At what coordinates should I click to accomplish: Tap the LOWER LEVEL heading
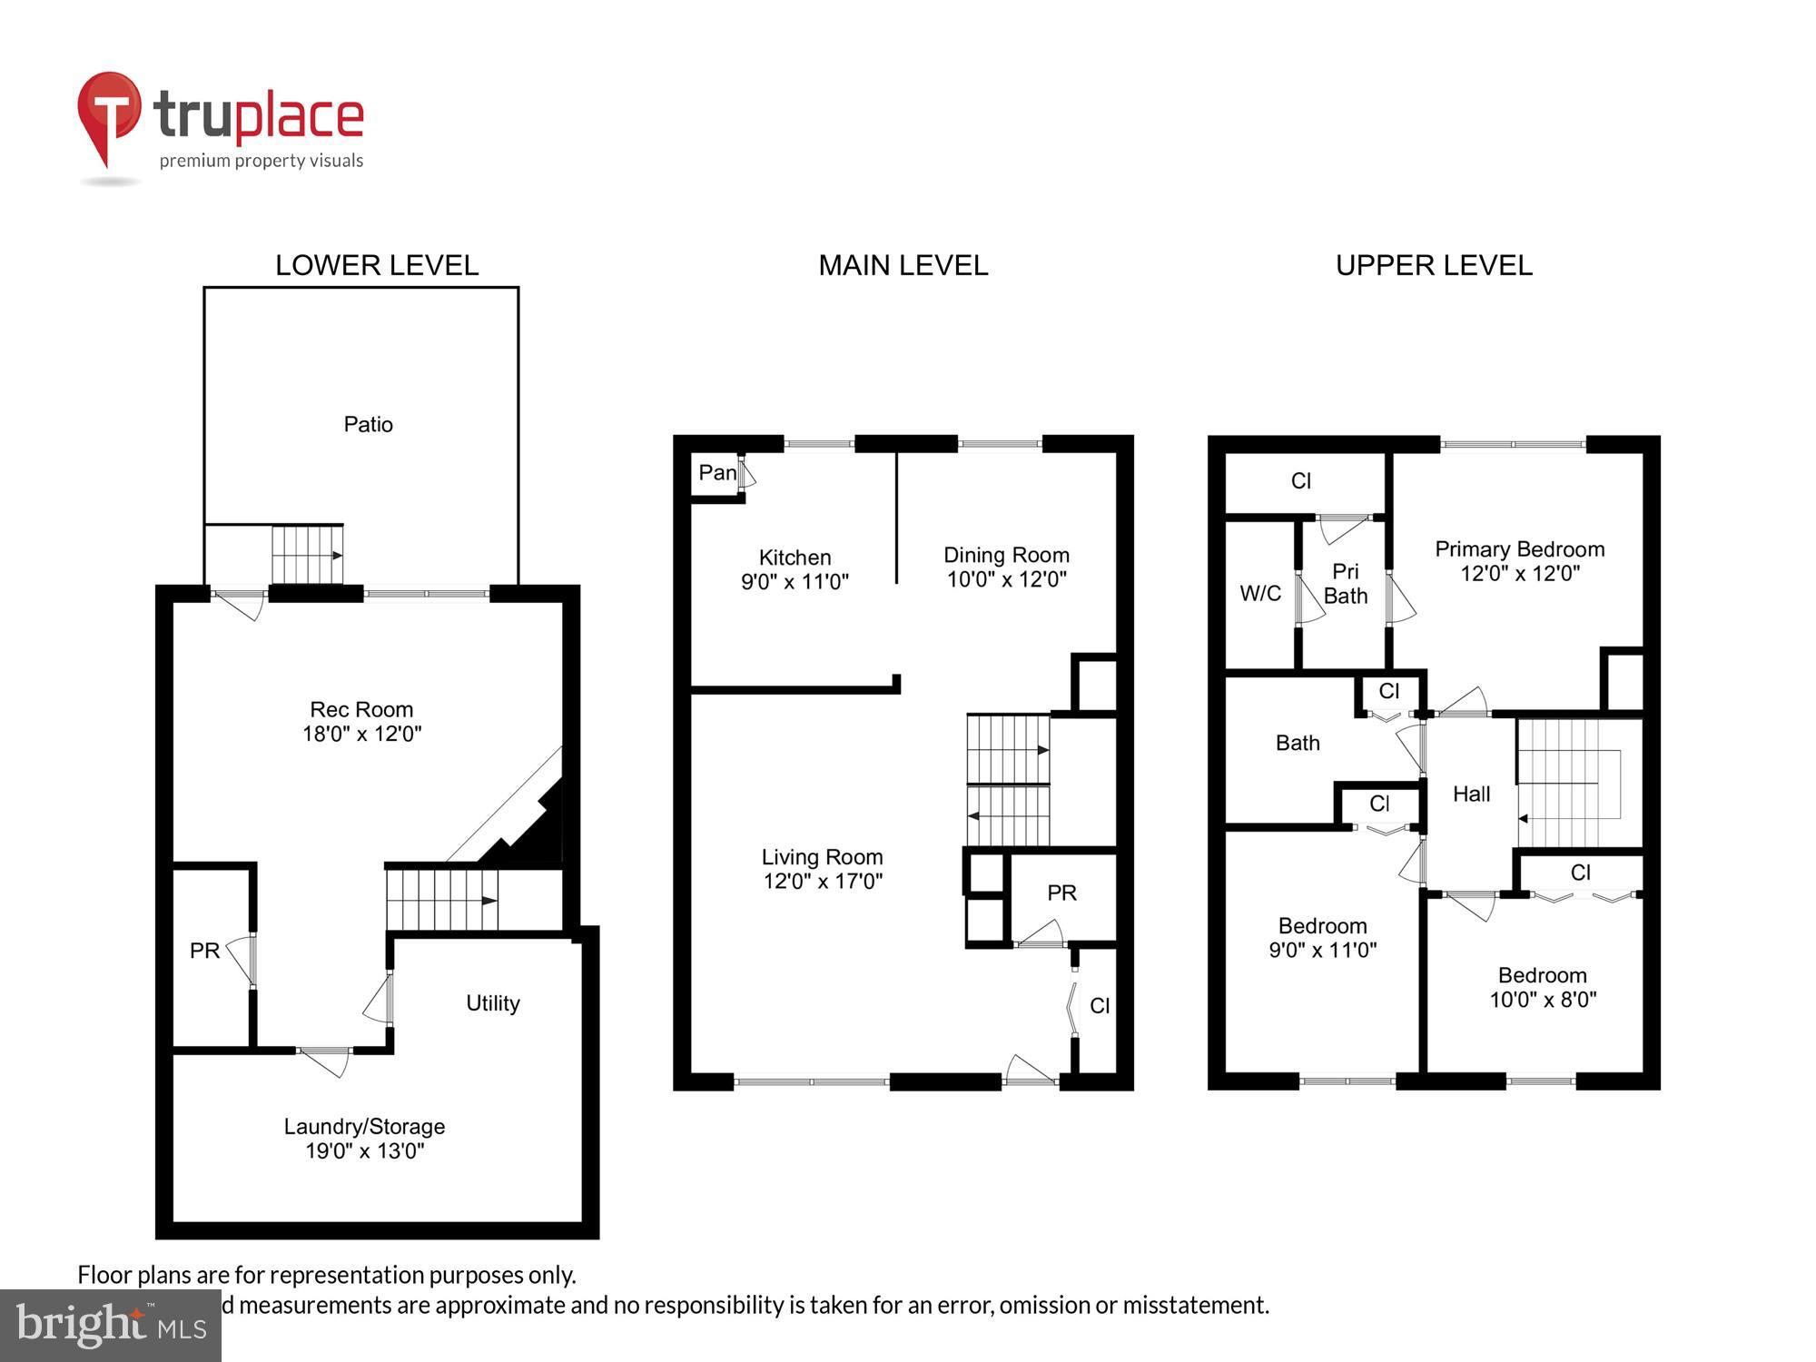pos(377,265)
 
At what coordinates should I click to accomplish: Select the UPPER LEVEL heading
pos(1434,265)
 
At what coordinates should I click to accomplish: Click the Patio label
pos(368,424)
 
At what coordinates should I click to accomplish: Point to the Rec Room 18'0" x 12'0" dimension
pos(361,734)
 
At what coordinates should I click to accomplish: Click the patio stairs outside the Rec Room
pos(308,555)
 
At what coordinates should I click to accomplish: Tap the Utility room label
pos(492,1003)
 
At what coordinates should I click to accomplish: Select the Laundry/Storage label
pos(364,1127)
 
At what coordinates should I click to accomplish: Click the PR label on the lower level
pos(204,951)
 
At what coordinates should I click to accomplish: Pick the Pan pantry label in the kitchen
pos(716,473)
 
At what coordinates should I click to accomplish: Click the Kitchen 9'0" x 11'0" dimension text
pos(794,582)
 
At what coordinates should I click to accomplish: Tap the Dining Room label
pos(1006,555)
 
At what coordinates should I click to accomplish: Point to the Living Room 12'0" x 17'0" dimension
pos(823,881)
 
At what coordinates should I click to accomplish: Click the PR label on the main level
pos(1061,893)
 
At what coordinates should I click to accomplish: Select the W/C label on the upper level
pos(1260,594)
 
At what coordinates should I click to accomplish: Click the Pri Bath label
pos(1345,584)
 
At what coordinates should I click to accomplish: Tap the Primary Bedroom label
pos(1519,549)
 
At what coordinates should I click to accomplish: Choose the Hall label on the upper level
pos(1471,794)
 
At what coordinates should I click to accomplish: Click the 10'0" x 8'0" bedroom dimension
pos(1543,1000)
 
